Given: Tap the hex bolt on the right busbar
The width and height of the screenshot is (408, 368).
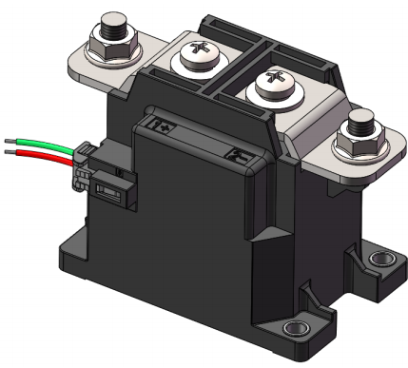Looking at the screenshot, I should [361, 127].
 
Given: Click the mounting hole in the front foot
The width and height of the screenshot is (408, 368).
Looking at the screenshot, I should [296, 331].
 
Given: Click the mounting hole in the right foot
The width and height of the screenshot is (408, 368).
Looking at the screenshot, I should [382, 259].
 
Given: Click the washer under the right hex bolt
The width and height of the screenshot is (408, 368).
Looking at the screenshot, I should [359, 148].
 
